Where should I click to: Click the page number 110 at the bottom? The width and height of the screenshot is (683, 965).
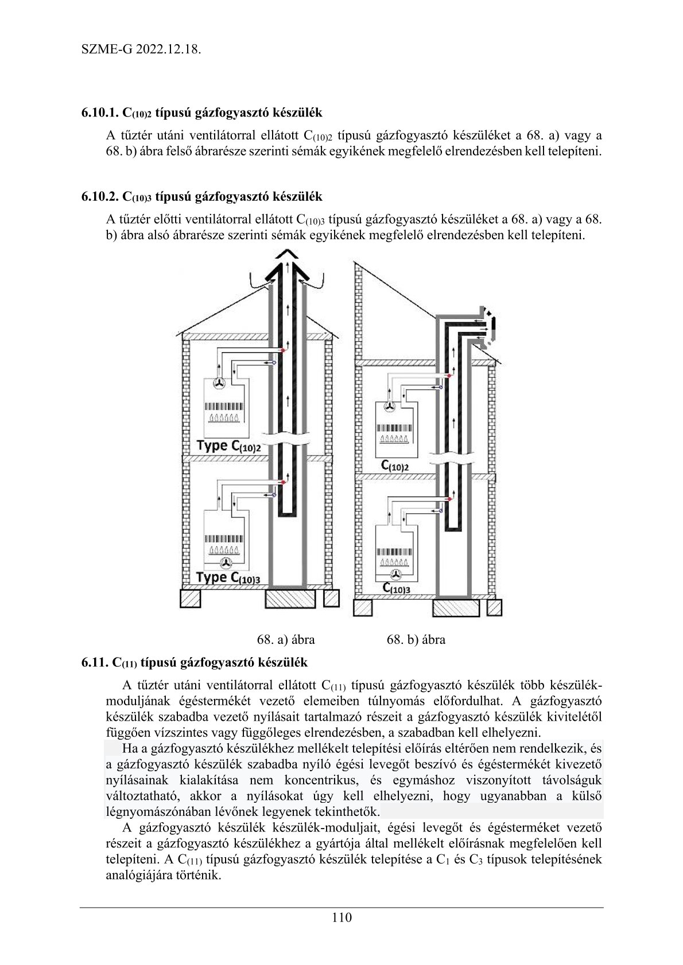(x=341, y=917)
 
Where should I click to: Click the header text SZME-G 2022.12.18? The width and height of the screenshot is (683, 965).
(x=141, y=49)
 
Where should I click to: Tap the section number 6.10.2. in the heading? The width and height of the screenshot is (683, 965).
(x=100, y=197)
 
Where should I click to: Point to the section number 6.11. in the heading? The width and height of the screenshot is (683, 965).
(x=94, y=662)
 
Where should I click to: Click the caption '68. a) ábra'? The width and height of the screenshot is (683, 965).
(x=286, y=639)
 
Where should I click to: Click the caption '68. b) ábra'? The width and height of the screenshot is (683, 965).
(x=416, y=639)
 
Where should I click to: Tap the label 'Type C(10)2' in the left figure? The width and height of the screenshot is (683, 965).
(x=228, y=446)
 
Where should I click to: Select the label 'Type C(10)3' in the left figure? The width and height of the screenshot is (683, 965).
(x=228, y=577)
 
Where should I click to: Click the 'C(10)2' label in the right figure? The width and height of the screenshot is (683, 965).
(x=395, y=465)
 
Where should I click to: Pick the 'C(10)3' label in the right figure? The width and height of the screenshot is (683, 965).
(x=396, y=588)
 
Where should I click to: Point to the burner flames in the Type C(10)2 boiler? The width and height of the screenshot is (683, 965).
(x=225, y=417)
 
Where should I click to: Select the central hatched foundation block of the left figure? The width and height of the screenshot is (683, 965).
(x=290, y=599)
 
